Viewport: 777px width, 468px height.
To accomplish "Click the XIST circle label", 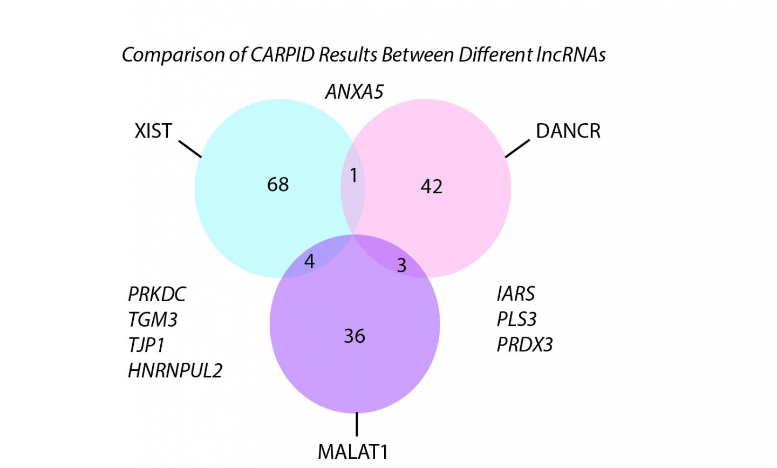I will (x=153, y=131).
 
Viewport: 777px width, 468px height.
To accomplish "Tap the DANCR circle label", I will (x=568, y=131).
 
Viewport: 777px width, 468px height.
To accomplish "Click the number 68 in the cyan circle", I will (x=278, y=185).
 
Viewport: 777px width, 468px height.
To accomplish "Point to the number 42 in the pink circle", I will (x=431, y=187).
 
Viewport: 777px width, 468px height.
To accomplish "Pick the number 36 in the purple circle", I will (x=355, y=336).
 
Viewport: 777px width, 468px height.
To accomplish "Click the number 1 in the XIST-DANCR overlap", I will (x=354, y=175).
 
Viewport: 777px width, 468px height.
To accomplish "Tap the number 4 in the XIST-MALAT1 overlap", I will (x=309, y=261).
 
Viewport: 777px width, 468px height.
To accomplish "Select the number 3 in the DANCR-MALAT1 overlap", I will (x=401, y=266).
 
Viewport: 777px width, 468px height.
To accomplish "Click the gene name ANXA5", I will (x=354, y=92).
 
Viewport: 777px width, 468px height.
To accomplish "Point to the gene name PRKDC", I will (x=156, y=295).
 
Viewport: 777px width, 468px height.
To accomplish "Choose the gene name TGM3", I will (x=153, y=320).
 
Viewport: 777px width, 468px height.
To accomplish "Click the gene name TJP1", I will (x=146, y=345).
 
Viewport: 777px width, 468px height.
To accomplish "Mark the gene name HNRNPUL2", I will (x=175, y=371).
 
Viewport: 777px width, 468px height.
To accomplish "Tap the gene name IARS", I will (x=515, y=294).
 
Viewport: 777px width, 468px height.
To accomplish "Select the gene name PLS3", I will (x=516, y=320).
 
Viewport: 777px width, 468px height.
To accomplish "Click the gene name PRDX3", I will (x=524, y=345).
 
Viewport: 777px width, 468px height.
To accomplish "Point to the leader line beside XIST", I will (x=190, y=150).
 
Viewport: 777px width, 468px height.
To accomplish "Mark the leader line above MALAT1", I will (x=357, y=424).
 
